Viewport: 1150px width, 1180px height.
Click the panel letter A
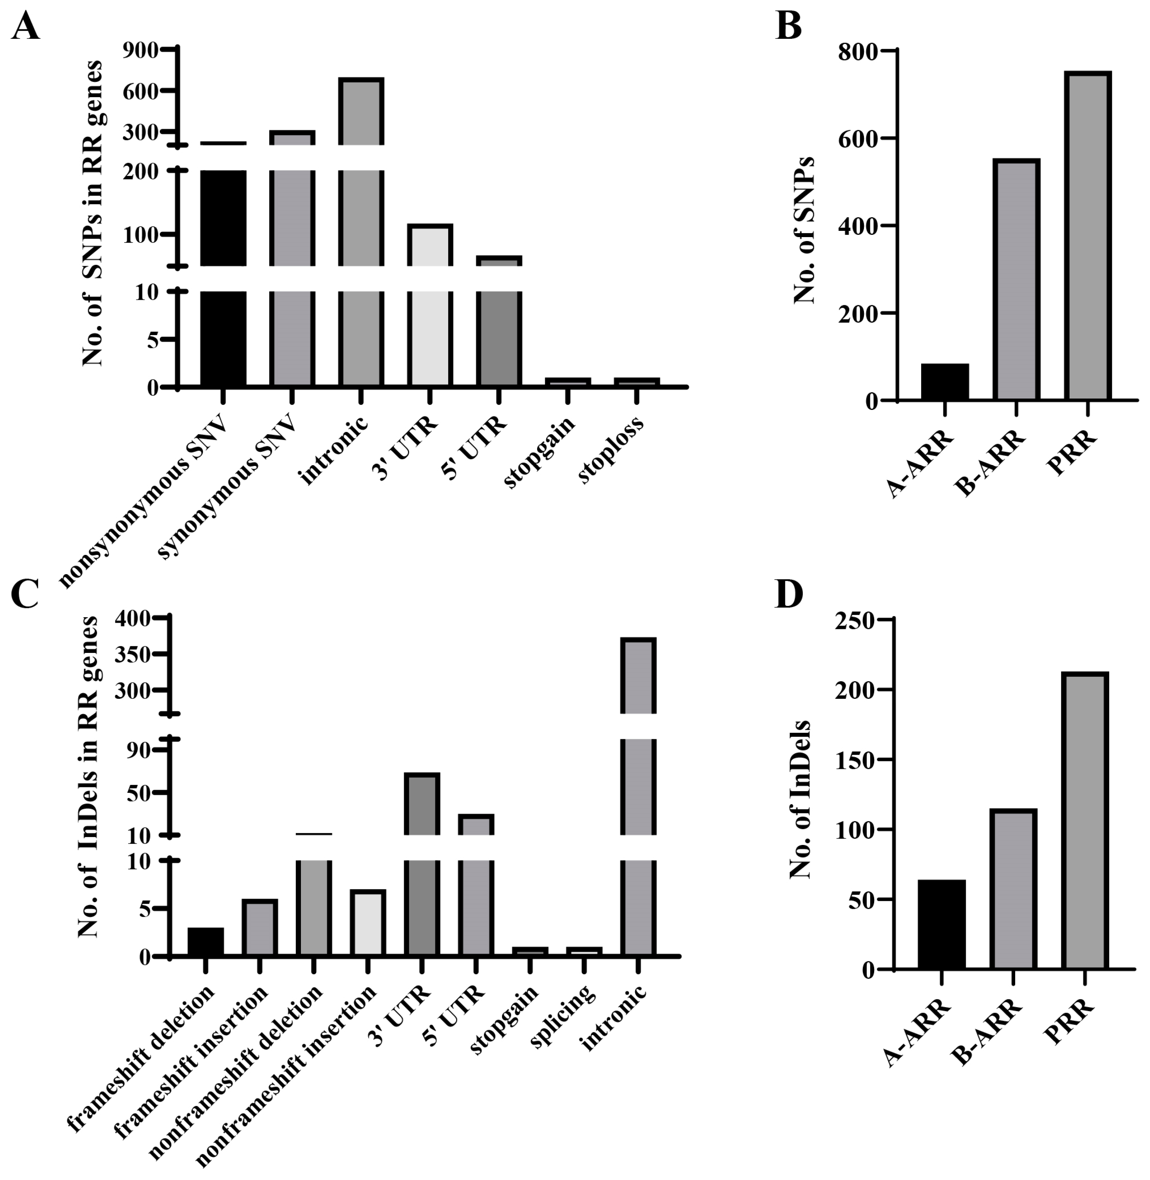point(25,27)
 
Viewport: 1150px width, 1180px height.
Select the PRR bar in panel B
point(1087,236)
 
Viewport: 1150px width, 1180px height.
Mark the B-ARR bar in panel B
point(1016,279)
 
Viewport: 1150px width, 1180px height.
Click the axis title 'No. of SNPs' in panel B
point(803,230)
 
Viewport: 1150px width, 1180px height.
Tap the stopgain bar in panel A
point(567,382)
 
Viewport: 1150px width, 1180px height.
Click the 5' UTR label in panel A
point(474,448)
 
